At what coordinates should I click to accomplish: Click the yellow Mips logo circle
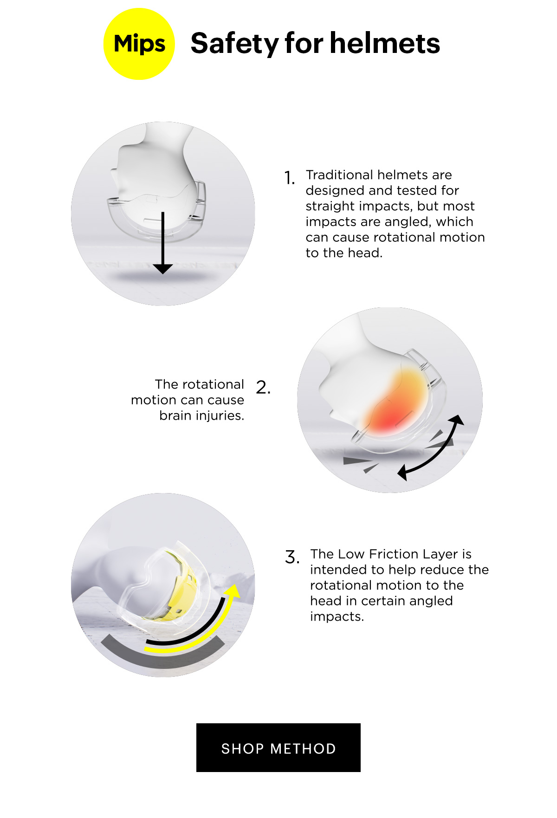(139, 44)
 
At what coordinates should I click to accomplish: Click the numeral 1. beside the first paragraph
(290, 178)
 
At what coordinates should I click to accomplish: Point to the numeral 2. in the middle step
(263, 387)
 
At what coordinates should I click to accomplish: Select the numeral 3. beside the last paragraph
(292, 557)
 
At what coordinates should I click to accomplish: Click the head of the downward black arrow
(163, 268)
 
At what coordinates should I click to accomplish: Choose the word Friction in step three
(395, 554)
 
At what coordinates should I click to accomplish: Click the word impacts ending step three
(337, 617)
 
